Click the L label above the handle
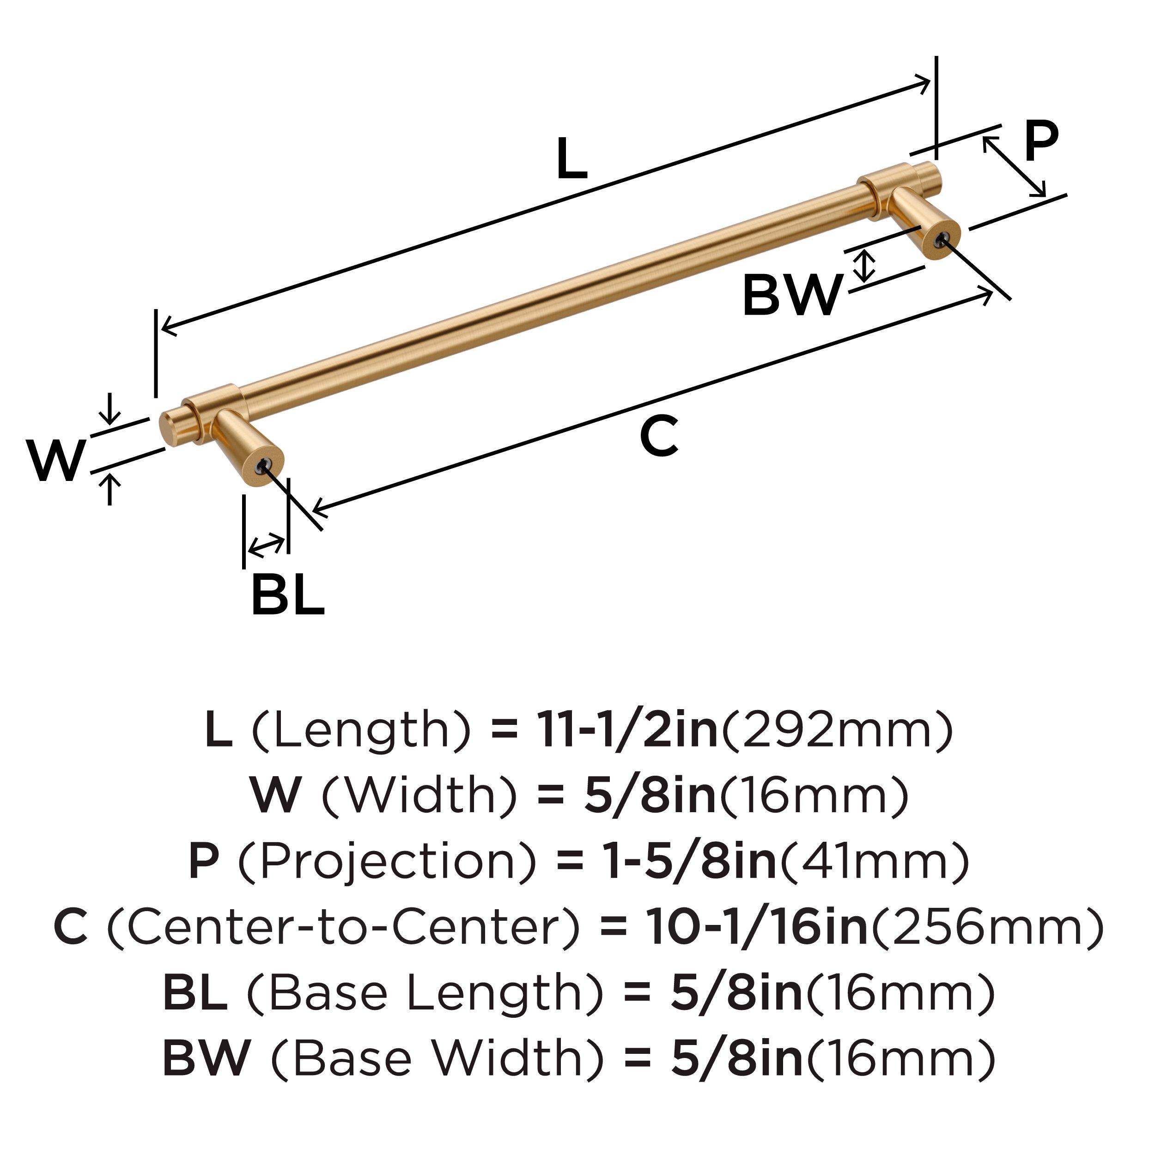tap(571, 158)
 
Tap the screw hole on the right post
tap(942, 240)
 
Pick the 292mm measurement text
tap(837, 730)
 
